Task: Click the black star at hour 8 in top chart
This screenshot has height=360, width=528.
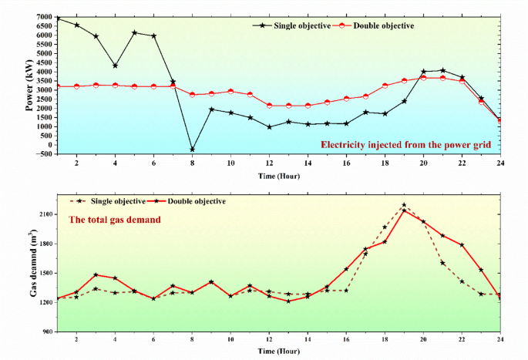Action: (192, 150)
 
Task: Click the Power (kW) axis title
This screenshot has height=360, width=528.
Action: (29, 86)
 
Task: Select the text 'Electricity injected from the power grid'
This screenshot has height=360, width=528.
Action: (405, 144)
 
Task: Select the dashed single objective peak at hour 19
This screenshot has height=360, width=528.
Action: (404, 205)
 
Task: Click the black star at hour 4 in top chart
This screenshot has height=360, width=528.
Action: (115, 66)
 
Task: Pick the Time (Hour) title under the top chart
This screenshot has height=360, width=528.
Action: (279, 177)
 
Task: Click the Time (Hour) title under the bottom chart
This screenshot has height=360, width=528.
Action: (279, 351)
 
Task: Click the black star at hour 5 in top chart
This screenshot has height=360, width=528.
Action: (134, 32)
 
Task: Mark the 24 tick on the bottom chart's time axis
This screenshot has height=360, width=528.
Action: (500, 339)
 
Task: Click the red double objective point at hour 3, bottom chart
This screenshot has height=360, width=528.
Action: (96, 274)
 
